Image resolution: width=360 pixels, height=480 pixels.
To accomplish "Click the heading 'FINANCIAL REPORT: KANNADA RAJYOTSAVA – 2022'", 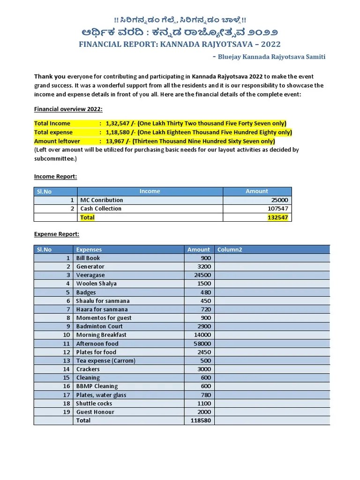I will click(180, 45).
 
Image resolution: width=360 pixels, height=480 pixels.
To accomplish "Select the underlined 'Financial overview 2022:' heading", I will click(68, 109).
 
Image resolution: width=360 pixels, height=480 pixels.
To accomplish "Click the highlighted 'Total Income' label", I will click(52, 123).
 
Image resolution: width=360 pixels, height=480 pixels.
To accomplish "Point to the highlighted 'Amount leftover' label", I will click(57, 141).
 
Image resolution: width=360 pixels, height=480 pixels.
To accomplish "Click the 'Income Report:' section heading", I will click(55, 176).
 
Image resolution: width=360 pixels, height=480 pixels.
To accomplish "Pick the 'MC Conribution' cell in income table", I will click(101, 200).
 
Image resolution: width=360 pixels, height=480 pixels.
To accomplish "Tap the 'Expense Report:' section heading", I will click(57, 234).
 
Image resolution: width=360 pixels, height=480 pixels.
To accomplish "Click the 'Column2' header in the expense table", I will click(229, 249).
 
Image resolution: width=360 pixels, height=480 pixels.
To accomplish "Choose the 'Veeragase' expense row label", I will click(90, 275).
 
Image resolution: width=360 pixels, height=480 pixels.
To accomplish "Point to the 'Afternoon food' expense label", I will click(97, 344).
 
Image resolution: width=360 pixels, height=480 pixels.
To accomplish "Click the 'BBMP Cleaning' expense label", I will click(97, 386).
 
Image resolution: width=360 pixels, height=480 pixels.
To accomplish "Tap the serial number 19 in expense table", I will click(66, 412).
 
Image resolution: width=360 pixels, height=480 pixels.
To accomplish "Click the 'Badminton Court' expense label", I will click(99, 326).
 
